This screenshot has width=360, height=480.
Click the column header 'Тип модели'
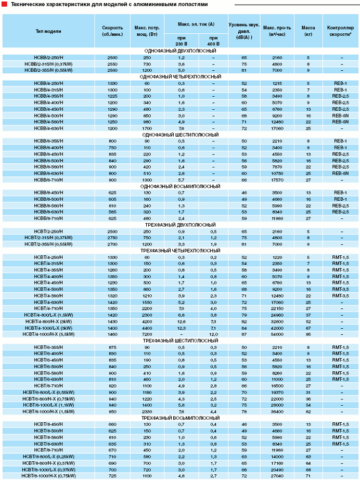coord(48,31)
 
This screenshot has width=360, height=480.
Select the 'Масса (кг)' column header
coord(308,31)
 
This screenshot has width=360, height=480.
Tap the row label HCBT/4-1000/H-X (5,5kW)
coord(48,334)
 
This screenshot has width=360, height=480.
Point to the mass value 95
coord(308,334)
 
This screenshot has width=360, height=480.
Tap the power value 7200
coord(147,334)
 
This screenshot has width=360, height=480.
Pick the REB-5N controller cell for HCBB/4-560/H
coord(341,121)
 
